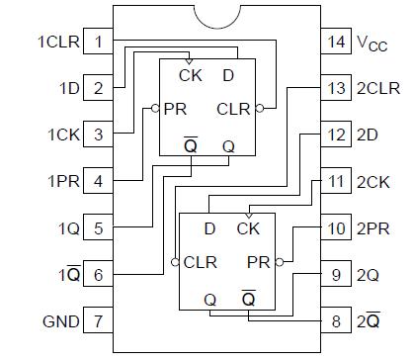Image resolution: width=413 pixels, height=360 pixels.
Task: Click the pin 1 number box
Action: click(x=98, y=43)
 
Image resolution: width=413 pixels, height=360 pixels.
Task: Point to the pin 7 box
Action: click(x=98, y=321)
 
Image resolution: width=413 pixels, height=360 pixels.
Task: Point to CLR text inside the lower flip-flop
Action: click(x=201, y=262)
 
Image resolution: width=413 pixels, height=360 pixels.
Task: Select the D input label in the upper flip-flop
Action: click(x=228, y=75)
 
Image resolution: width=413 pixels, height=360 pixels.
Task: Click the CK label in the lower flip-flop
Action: click(x=247, y=229)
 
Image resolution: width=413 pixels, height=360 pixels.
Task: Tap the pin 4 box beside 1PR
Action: click(x=98, y=182)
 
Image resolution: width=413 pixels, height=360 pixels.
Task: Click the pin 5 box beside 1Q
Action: click(x=98, y=228)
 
